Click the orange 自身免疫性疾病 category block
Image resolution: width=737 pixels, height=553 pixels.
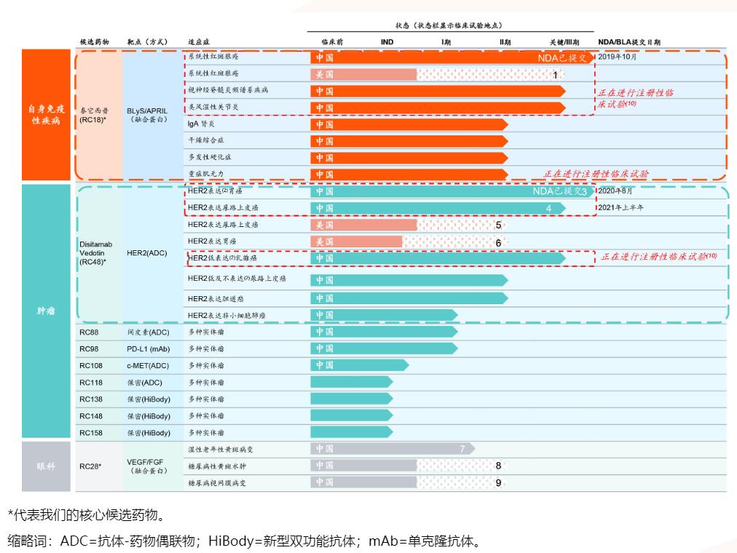point(47,114)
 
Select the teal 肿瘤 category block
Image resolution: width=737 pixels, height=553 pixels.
point(47,311)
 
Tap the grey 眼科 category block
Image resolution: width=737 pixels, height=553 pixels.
point(47,466)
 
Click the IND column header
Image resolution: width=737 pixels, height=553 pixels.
point(387,42)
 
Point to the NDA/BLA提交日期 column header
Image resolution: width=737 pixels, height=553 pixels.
point(628,42)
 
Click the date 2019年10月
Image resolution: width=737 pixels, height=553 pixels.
point(617,57)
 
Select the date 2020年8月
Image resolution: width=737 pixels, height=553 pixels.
point(615,191)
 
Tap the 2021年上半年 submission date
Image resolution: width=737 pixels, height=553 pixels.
point(620,207)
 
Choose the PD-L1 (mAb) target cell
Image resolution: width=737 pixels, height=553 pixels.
point(149,349)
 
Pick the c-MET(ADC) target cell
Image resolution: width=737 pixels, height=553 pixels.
point(148,365)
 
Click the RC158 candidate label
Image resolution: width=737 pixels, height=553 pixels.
point(91,433)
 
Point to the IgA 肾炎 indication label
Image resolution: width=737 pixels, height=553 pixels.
point(201,124)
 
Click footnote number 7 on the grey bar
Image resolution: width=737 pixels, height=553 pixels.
point(462,449)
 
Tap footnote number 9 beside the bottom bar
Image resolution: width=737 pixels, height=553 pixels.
point(498,482)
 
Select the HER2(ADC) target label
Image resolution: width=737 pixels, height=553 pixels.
point(146,252)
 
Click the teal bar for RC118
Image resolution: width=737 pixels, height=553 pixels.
point(351,382)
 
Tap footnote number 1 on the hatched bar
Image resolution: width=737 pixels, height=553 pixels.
point(555,74)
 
